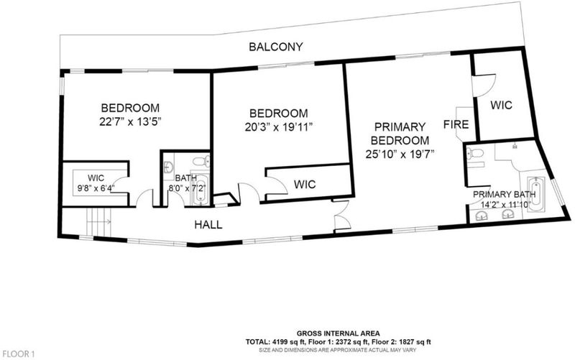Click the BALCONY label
(x=276, y=47)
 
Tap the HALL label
(x=208, y=225)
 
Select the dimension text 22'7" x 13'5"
(x=131, y=121)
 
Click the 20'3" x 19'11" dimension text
(x=279, y=127)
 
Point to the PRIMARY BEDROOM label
(x=400, y=134)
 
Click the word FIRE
(x=456, y=124)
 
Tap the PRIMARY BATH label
(x=505, y=194)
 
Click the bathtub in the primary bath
(x=535, y=194)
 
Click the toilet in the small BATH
(x=201, y=161)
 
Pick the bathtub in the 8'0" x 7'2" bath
(x=201, y=190)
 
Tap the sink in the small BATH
(x=169, y=167)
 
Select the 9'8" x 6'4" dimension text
(x=96, y=188)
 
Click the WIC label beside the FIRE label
(x=501, y=105)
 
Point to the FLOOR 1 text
(x=19, y=354)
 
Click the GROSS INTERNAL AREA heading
(x=338, y=333)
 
